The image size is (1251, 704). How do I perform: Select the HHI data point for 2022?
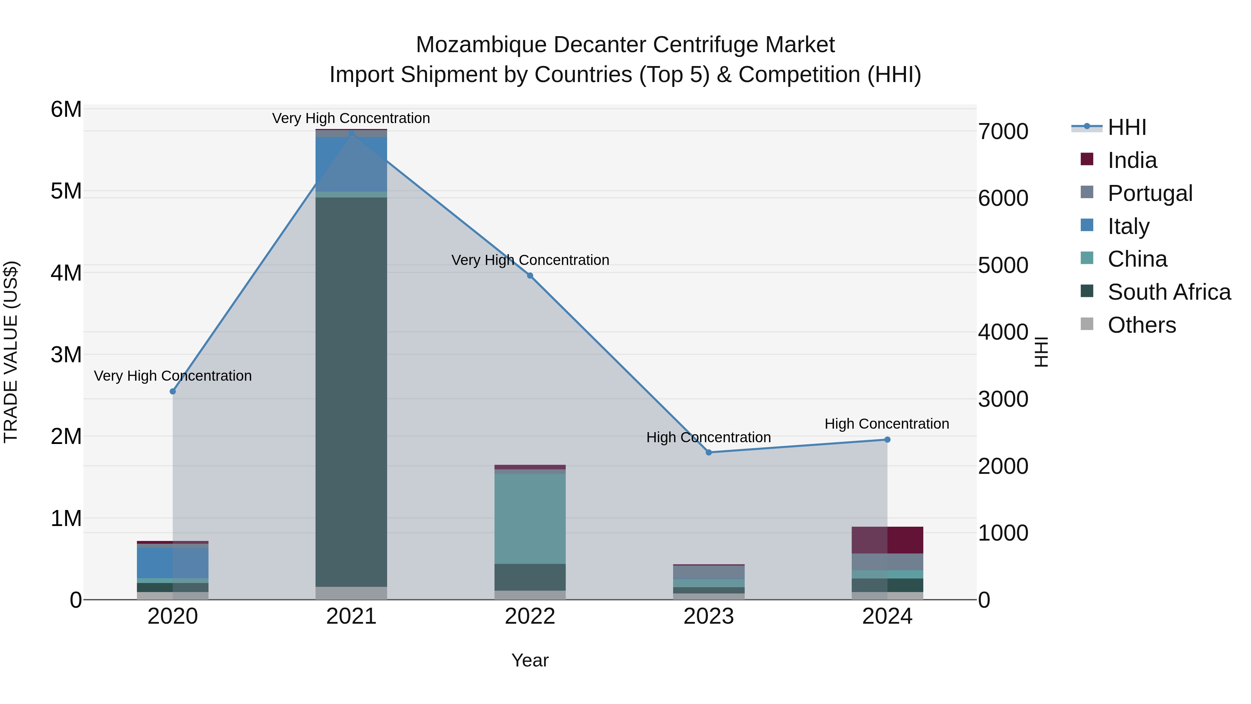[530, 275]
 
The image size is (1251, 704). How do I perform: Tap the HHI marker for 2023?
[709, 452]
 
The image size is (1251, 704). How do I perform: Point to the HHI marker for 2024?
[887, 440]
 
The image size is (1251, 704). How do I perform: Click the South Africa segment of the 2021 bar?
[351, 389]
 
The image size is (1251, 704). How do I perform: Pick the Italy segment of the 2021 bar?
[351, 164]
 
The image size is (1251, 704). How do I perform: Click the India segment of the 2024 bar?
[887, 540]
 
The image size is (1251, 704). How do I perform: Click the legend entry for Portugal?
[1150, 193]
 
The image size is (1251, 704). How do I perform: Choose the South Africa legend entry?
[1169, 292]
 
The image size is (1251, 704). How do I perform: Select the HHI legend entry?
[1127, 127]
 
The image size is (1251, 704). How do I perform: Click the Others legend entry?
[1141, 325]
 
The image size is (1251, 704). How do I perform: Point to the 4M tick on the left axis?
[66, 273]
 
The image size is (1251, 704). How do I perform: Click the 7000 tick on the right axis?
[1003, 132]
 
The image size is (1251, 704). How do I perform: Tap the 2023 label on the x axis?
[709, 616]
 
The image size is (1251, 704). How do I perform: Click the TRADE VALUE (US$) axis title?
[11, 352]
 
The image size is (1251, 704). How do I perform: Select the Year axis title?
[530, 660]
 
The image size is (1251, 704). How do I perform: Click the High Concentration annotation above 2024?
[887, 424]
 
